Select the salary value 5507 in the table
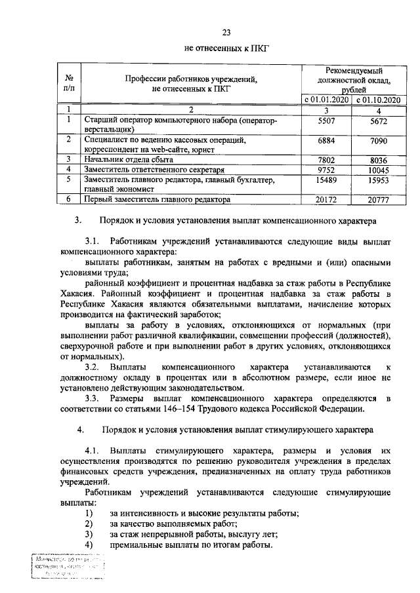pos(325,121)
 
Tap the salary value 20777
pos(377,199)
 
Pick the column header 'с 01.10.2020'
pos(377,100)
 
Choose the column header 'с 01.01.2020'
pos(325,100)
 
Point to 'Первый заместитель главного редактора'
pos(157,199)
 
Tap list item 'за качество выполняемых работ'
pos(174,524)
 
